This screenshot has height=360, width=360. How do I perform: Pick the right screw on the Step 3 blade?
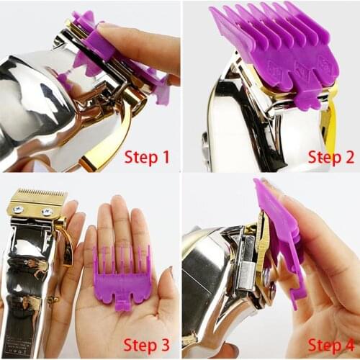[x=48, y=212]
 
